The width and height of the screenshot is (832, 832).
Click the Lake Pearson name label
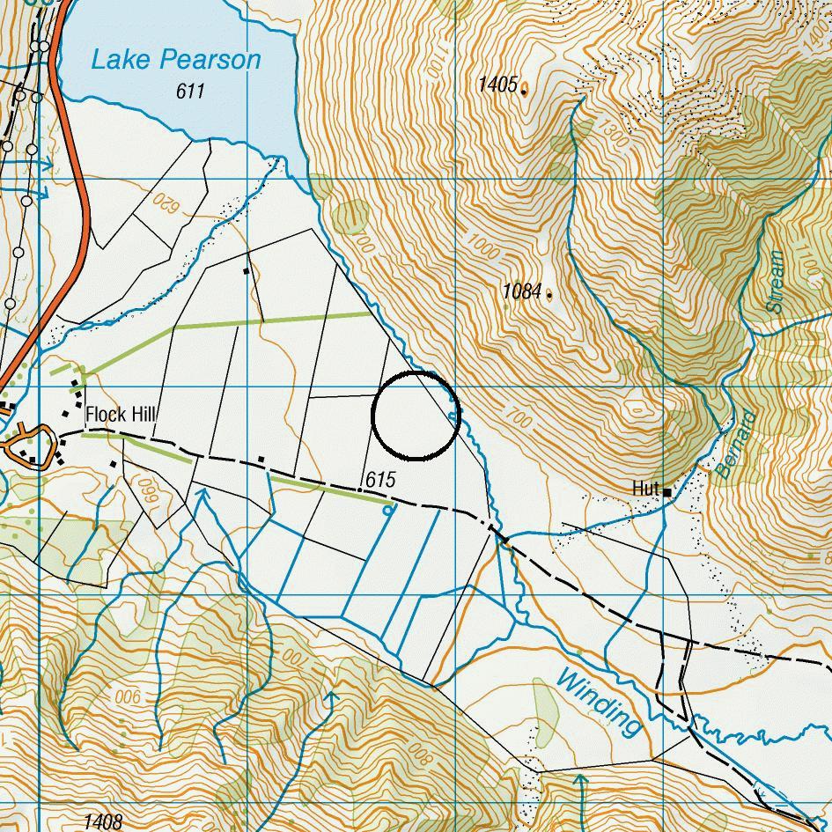click(176, 60)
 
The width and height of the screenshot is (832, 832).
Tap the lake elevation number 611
click(190, 91)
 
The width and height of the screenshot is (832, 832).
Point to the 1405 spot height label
click(497, 85)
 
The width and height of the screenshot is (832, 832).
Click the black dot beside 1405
click(525, 91)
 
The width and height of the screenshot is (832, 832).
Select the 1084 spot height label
click(521, 291)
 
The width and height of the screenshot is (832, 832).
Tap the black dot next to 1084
click(550, 296)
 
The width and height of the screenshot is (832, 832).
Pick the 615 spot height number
click(380, 480)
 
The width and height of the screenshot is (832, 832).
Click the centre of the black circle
click(415, 416)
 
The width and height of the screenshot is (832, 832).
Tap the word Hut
click(645, 488)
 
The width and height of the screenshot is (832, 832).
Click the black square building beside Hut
click(668, 492)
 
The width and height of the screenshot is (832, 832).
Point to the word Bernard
click(736, 445)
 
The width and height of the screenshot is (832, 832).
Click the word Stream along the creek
click(775, 282)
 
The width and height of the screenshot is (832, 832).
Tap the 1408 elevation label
click(103, 822)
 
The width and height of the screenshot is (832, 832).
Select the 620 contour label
click(165, 202)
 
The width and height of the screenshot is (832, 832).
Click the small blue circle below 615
click(388, 510)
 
